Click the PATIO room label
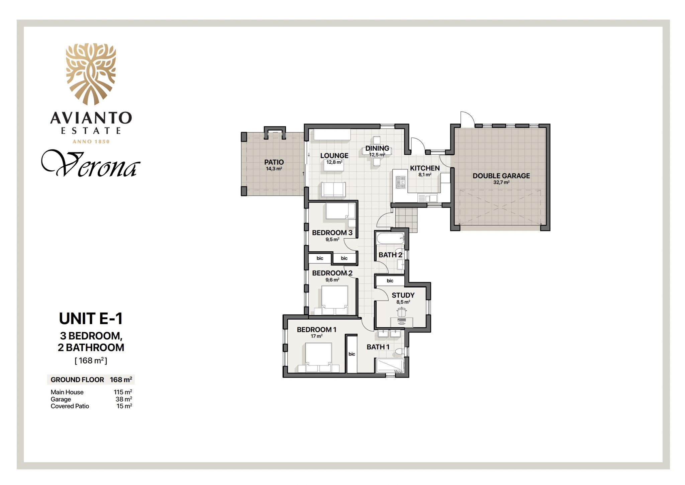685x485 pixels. point(274,162)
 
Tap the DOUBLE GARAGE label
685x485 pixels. point(501,176)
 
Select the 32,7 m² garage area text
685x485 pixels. point(501,182)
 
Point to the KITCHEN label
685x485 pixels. point(425,168)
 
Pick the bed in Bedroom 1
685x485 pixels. point(318,357)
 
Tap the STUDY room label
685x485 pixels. point(403,295)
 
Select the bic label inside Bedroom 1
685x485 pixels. point(352,354)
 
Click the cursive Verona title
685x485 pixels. point(90,164)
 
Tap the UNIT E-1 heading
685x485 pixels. point(91,318)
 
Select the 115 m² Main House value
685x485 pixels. point(123,392)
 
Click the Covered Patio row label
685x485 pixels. point(70,406)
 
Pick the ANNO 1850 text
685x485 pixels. point(91,142)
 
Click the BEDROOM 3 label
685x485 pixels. point(332,233)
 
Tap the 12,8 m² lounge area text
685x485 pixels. point(334,162)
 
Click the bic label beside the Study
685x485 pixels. point(390,280)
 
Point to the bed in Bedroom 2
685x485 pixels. point(334,300)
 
